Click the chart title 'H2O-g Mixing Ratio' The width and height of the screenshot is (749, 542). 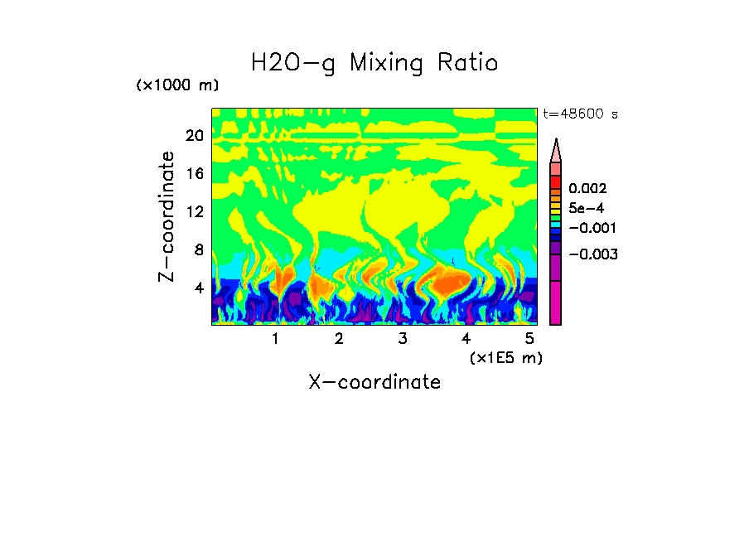click(x=374, y=62)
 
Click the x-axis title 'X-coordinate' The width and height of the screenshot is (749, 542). click(x=374, y=382)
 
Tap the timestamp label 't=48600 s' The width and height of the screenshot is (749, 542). click(x=580, y=114)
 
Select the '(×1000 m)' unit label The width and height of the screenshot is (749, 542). click(x=177, y=86)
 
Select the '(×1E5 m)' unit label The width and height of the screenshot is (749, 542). click(x=505, y=357)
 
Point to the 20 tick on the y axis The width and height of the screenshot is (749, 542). click(x=194, y=136)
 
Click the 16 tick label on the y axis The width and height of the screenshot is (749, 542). click(x=194, y=174)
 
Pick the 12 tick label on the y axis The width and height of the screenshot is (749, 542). click(x=194, y=211)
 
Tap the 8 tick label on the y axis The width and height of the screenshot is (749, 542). click(x=198, y=249)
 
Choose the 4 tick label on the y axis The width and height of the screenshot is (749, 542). click(x=198, y=288)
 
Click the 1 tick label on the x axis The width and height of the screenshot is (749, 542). click(x=275, y=339)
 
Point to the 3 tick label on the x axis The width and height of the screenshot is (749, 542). click(x=403, y=339)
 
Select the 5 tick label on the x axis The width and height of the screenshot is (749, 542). click(x=530, y=339)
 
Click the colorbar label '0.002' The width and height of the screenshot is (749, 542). click(x=587, y=190)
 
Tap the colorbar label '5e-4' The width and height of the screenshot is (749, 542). click(x=587, y=209)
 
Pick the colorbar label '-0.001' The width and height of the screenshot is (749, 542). click(x=592, y=228)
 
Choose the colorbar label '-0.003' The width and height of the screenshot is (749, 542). click(x=592, y=254)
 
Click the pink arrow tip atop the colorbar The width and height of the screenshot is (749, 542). click(x=556, y=149)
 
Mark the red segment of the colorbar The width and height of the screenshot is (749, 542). click(x=556, y=181)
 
